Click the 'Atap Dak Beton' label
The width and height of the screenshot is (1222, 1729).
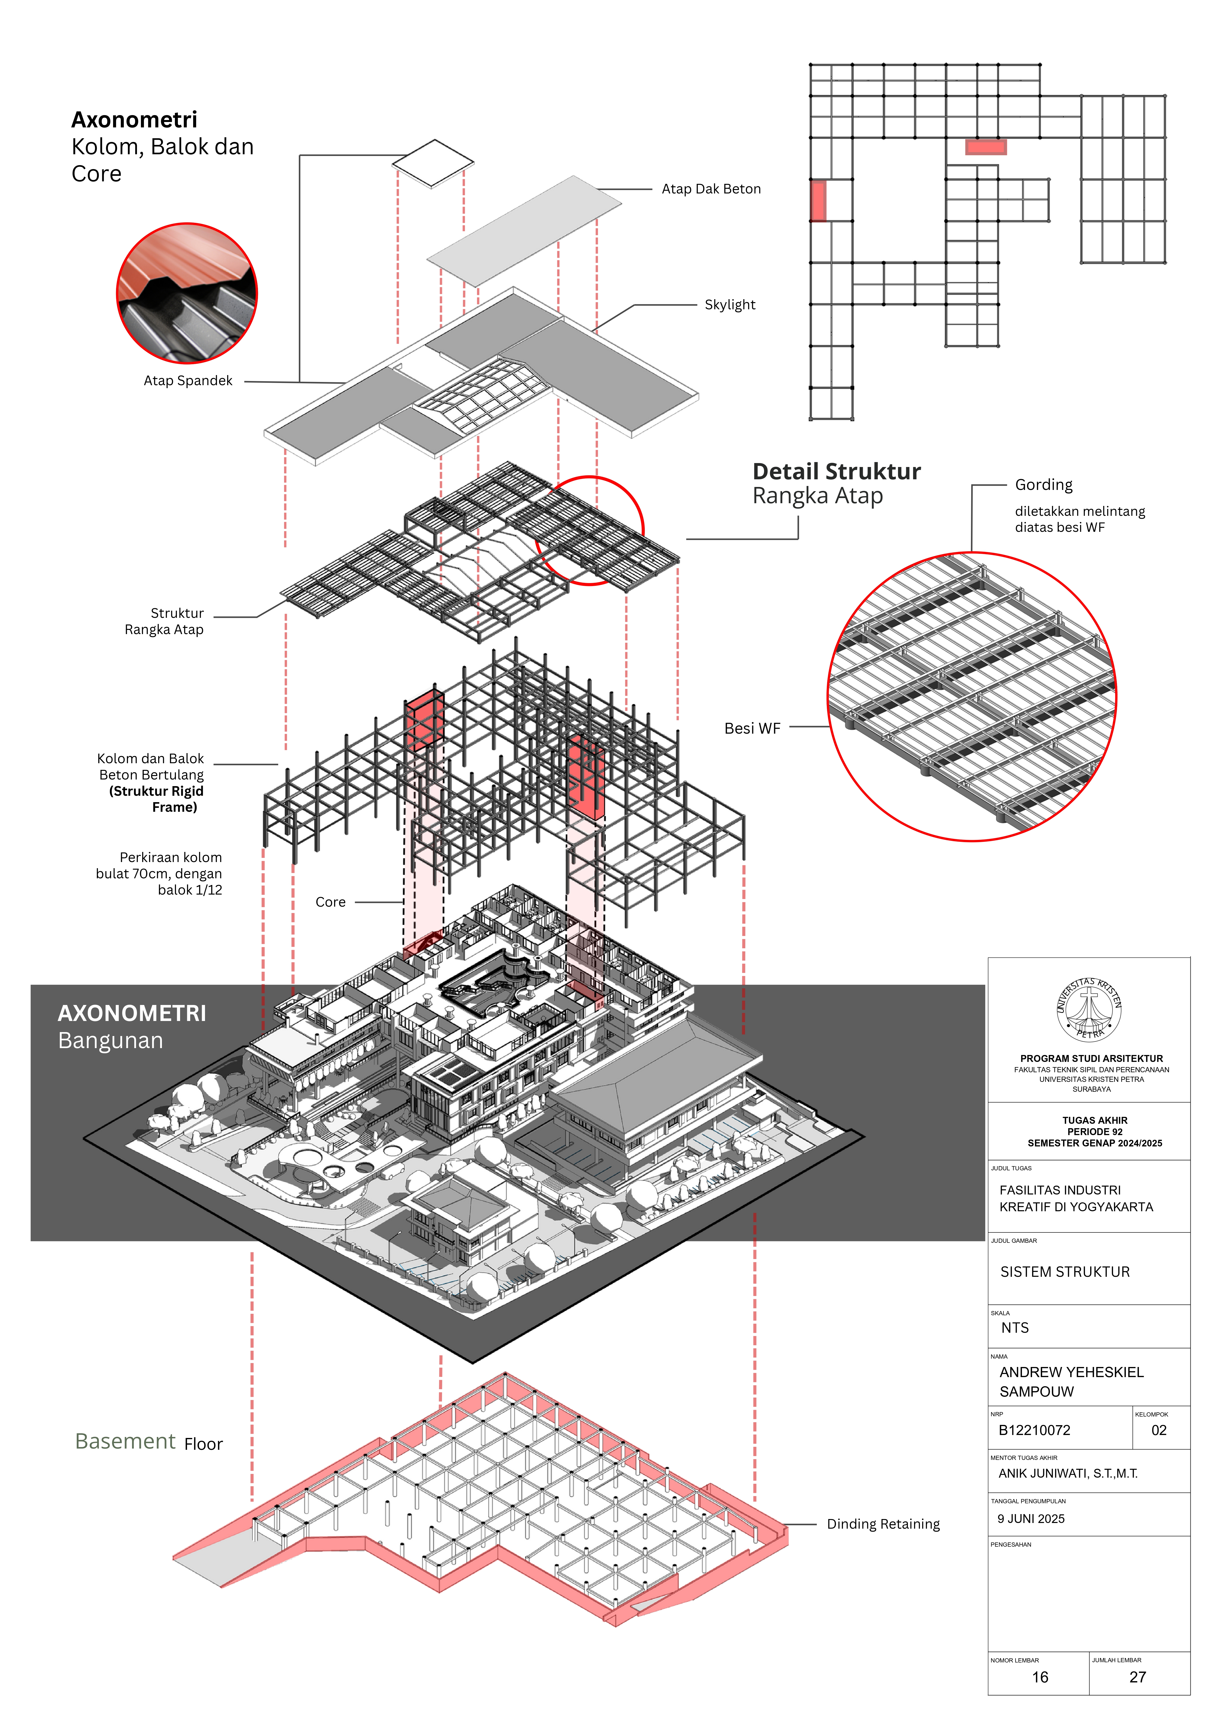[711, 189]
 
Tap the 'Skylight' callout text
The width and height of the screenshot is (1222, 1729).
[730, 305]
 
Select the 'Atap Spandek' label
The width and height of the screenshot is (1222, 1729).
[188, 381]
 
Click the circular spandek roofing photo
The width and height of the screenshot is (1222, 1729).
[187, 293]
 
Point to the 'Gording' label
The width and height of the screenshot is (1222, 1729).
[1044, 485]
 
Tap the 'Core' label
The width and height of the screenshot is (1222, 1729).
[331, 902]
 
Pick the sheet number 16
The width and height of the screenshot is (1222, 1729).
[1040, 1677]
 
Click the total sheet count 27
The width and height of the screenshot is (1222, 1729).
[1138, 1677]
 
